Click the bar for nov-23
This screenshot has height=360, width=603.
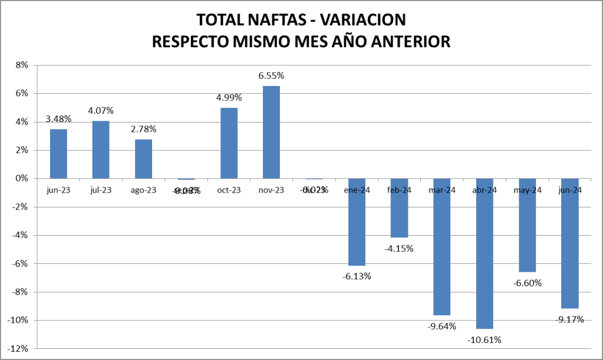click(x=271, y=133)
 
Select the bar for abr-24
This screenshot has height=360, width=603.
click(x=485, y=253)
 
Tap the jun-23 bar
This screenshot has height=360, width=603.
click(x=58, y=154)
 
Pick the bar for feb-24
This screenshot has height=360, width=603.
click(x=399, y=208)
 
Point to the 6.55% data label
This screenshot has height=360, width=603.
click(x=271, y=76)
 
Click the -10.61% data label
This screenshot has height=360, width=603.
click(x=485, y=339)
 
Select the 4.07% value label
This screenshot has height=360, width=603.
click(x=101, y=111)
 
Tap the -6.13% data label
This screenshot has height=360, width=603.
click(x=357, y=276)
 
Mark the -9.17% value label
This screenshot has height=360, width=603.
click(x=569, y=319)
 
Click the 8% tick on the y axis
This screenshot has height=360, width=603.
click(x=22, y=65)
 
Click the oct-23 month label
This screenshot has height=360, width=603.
click(x=229, y=190)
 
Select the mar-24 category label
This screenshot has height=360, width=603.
click(x=442, y=190)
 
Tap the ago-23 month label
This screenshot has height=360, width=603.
click(x=143, y=190)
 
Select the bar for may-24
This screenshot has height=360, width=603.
click(x=527, y=225)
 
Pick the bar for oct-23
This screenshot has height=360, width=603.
click(x=229, y=143)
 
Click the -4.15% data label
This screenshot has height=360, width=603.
click(x=399, y=248)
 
